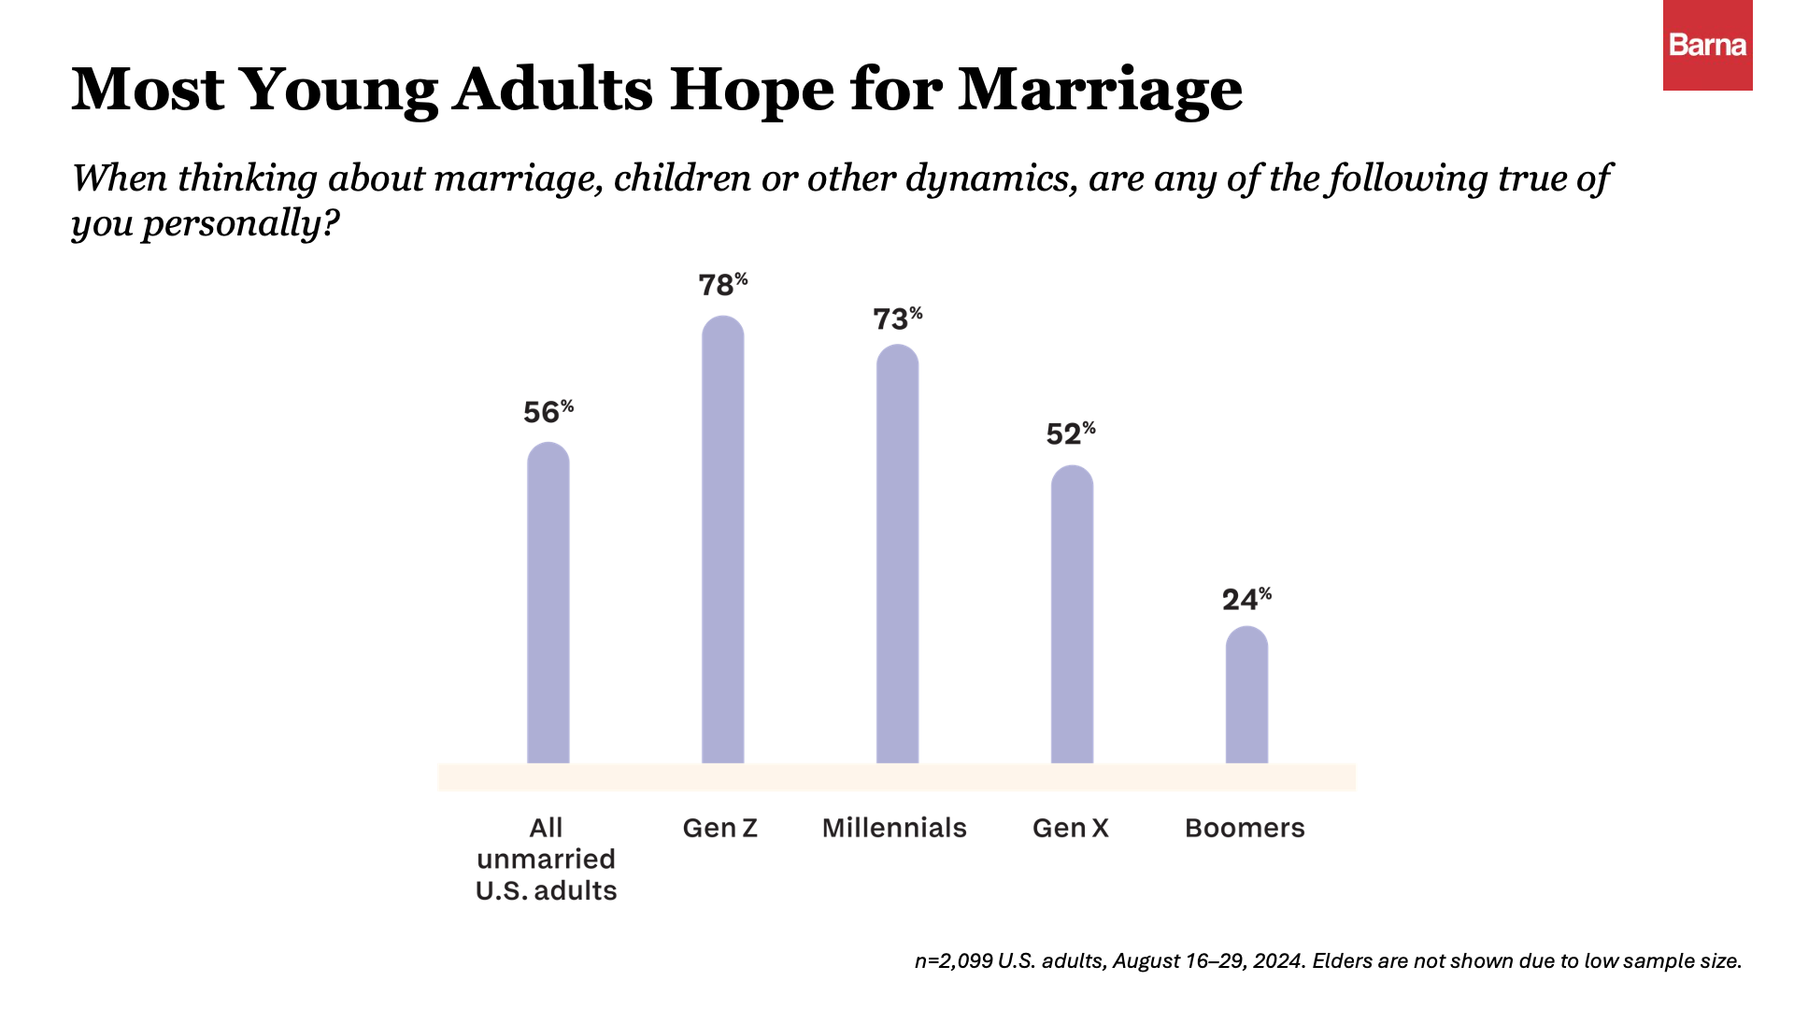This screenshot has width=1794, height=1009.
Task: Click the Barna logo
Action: [x=1707, y=45]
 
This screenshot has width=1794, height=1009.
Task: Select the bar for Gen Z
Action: [x=722, y=542]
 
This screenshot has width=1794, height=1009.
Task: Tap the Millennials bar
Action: [x=897, y=556]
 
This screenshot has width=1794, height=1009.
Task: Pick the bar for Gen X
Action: [x=1072, y=617]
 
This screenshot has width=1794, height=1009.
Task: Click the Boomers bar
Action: [x=1246, y=696]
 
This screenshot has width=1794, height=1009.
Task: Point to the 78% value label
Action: [x=722, y=284]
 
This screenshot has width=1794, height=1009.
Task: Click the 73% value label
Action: [x=897, y=319]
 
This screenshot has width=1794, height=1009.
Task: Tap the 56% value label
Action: [x=548, y=412]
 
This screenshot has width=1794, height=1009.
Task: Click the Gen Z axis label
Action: [x=719, y=828]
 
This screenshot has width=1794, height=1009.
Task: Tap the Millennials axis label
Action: [x=894, y=828]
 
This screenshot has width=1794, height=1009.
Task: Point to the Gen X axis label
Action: [x=1071, y=828]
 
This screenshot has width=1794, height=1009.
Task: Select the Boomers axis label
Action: [x=1245, y=828]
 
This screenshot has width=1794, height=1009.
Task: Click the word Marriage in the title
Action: [x=1100, y=91]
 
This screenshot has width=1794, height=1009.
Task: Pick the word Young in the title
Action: [x=339, y=91]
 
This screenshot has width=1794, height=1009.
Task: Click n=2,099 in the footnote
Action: [x=953, y=961]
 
